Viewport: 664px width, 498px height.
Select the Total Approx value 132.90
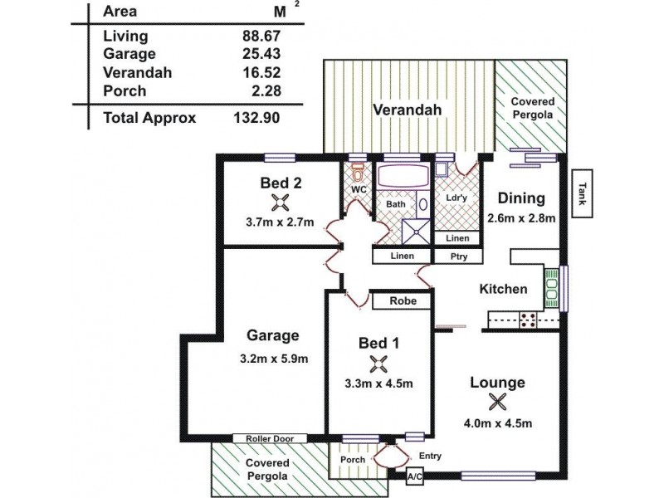(257, 118)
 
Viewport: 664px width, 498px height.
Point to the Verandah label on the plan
(406, 110)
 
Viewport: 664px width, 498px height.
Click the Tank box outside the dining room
(582, 193)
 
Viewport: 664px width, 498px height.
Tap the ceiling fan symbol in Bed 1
(378, 363)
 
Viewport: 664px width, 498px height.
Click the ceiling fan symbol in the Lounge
(497, 402)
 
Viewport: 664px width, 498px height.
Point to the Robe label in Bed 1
(401, 301)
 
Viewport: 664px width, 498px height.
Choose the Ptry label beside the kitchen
(458, 257)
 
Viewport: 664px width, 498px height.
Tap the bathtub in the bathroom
(402, 178)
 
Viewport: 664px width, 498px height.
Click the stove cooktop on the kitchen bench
(528, 320)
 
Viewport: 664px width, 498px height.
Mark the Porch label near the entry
(354, 459)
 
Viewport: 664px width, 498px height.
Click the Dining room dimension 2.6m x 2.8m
(520, 219)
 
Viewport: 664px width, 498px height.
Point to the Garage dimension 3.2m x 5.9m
(272, 359)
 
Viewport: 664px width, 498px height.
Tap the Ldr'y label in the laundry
(456, 199)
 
